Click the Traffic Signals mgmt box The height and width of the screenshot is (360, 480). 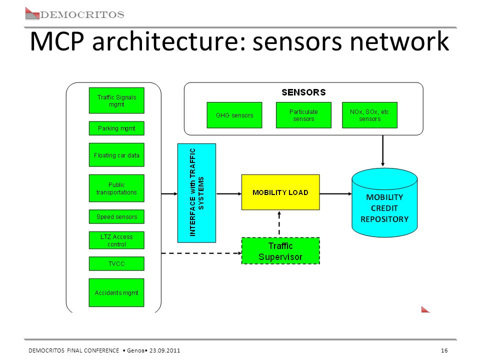(116, 100)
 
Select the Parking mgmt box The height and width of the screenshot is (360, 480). (116, 128)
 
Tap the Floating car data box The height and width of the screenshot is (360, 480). (116, 155)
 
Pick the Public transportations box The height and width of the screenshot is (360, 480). (116, 188)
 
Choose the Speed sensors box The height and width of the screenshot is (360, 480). (116, 216)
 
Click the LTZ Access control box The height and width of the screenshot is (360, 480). (116, 240)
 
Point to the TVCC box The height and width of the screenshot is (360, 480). (116, 263)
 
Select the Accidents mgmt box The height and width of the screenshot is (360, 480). (116, 292)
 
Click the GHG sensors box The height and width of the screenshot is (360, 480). (234, 115)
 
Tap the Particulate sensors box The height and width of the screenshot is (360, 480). (303, 115)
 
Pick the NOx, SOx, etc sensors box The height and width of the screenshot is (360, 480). (370, 115)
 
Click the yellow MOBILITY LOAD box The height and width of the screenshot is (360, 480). (280, 192)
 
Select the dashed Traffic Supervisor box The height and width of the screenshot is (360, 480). (280, 251)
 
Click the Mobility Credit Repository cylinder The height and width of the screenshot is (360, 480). (384, 202)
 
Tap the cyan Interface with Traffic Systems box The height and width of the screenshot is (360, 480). (197, 193)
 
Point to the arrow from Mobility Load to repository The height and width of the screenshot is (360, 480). (336, 194)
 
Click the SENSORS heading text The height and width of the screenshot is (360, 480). (303, 92)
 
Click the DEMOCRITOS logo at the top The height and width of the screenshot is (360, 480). (74, 14)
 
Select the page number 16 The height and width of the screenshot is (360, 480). (444, 350)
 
